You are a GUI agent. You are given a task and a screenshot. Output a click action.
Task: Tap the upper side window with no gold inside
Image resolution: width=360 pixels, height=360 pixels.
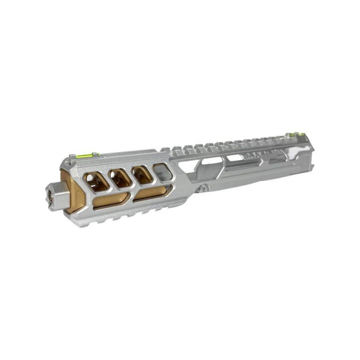pyautogui.click(x=163, y=172)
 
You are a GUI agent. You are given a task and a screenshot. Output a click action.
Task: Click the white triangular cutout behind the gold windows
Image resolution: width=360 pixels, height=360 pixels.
pyautogui.click(x=192, y=163)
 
